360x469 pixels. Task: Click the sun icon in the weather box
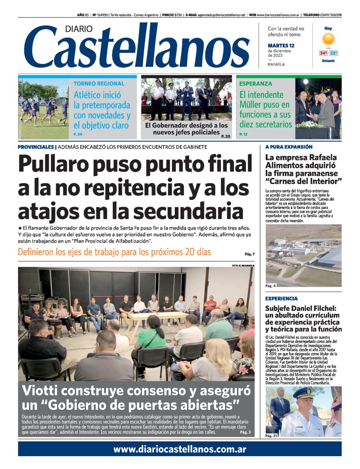coord(328,39)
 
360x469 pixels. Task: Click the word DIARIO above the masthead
coord(79,29)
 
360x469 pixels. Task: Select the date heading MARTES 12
coord(281,46)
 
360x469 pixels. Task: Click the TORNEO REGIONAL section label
coord(99,84)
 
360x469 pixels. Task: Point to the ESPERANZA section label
coord(256,84)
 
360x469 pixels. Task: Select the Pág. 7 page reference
coord(249,254)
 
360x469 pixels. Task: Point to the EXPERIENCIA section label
coord(281,299)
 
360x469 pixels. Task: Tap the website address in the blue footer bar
coord(180,449)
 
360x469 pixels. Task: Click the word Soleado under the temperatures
coord(328,61)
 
